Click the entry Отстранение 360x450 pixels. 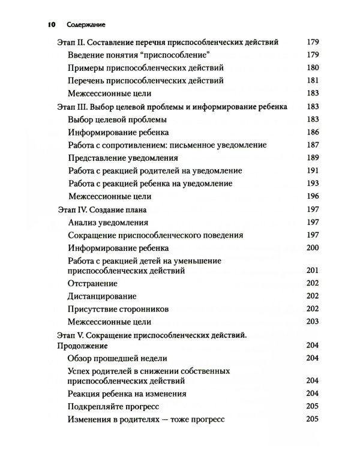(93, 283)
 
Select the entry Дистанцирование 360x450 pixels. (103, 296)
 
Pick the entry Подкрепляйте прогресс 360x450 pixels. (111, 406)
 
